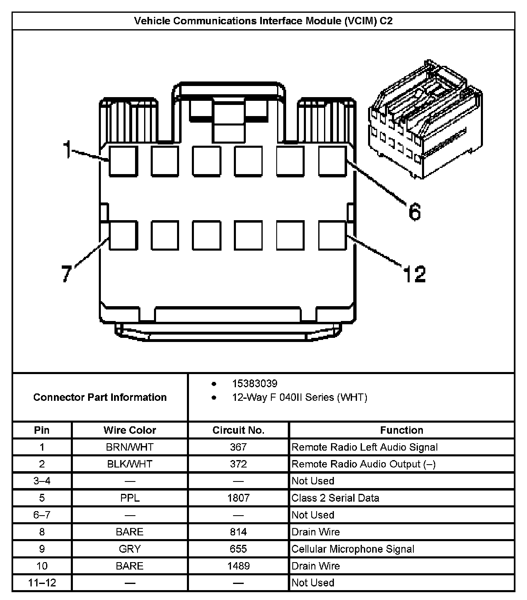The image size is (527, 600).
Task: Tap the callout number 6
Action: click(x=415, y=212)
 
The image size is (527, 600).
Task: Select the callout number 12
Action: click(x=414, y=274)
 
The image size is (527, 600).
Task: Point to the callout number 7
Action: click(x=67, y=274)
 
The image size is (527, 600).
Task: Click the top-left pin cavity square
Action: click(x=123, y=161)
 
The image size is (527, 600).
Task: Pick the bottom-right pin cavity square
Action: click(x=333, y=235)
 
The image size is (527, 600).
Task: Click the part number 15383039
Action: click(x=255, y=384)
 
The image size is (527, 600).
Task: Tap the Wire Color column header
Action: click(x=130, y=430)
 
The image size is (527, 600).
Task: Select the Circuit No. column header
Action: click(x=238, y=430)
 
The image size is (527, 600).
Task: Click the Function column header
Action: click(x=401, y=430)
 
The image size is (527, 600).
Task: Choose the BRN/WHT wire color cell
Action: click(x=130, y=447)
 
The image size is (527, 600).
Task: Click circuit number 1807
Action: click(x=238, y=498)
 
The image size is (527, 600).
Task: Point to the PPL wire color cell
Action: click(x=130, y=498)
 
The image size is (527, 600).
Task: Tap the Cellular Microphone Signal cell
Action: click(x=353, y=549)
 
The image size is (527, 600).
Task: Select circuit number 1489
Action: click(x=238, y=566)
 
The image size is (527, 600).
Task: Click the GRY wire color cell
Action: click(x=130, y=549)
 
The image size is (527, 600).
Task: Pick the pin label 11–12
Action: click(x=42, y=583)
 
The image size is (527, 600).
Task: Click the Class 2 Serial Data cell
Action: click(x=335, y=498)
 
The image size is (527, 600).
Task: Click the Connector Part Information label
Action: click(x=100, y=397)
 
